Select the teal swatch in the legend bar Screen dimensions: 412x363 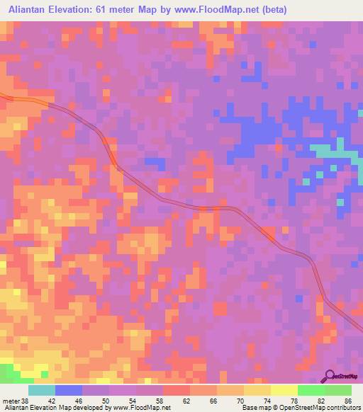[41, 390]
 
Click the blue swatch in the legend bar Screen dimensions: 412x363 [68, 390]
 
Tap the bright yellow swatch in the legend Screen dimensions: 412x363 [284, 390]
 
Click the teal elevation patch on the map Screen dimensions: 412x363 [328, 151]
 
